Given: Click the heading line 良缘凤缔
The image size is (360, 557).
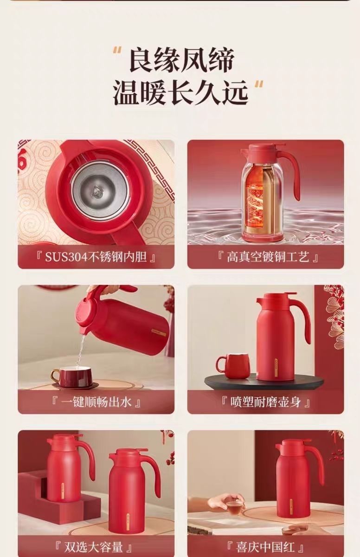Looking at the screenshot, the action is [x=182, y=60].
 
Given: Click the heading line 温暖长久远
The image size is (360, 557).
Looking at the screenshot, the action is [x=180, y=93].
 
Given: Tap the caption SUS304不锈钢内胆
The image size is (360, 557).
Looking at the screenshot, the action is [x=96, y=257].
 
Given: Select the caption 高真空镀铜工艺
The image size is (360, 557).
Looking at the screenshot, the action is [x=268, y=257].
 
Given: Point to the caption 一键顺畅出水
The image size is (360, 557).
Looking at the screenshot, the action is [x=96, y=402].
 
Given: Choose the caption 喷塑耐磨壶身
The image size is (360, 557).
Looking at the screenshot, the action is [x=265, y=402].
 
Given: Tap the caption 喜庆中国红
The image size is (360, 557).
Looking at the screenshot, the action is [x=265, y=547].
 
